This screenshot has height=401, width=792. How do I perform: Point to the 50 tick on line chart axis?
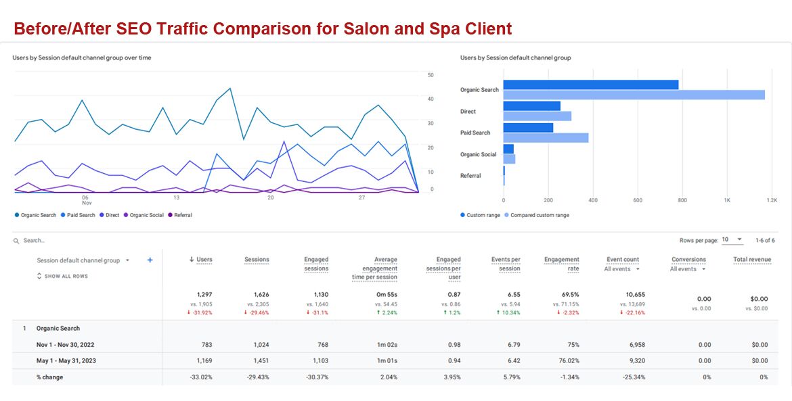tap(431, 75)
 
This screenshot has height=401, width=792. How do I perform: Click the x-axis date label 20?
tap(271, 197)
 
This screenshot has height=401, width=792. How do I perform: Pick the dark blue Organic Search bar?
tap(591, 85)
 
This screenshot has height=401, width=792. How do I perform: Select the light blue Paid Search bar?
tap(546, 138)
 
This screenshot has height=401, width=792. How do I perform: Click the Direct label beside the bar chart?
tap(468, 112)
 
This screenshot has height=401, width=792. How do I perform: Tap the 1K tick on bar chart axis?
tap(726, 200)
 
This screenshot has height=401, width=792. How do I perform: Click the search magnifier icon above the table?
tap(16, 241)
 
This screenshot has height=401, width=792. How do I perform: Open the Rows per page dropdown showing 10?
tap(732, 240)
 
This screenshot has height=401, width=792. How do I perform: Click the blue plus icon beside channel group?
tap(150, 260)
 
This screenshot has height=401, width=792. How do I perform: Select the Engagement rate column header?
tap(562, 264)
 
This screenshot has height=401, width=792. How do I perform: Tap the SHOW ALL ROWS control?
tap(62, 276)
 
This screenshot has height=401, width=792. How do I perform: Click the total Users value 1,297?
tap(204, 295)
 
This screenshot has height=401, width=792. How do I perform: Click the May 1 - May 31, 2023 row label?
tap(66, 361)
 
